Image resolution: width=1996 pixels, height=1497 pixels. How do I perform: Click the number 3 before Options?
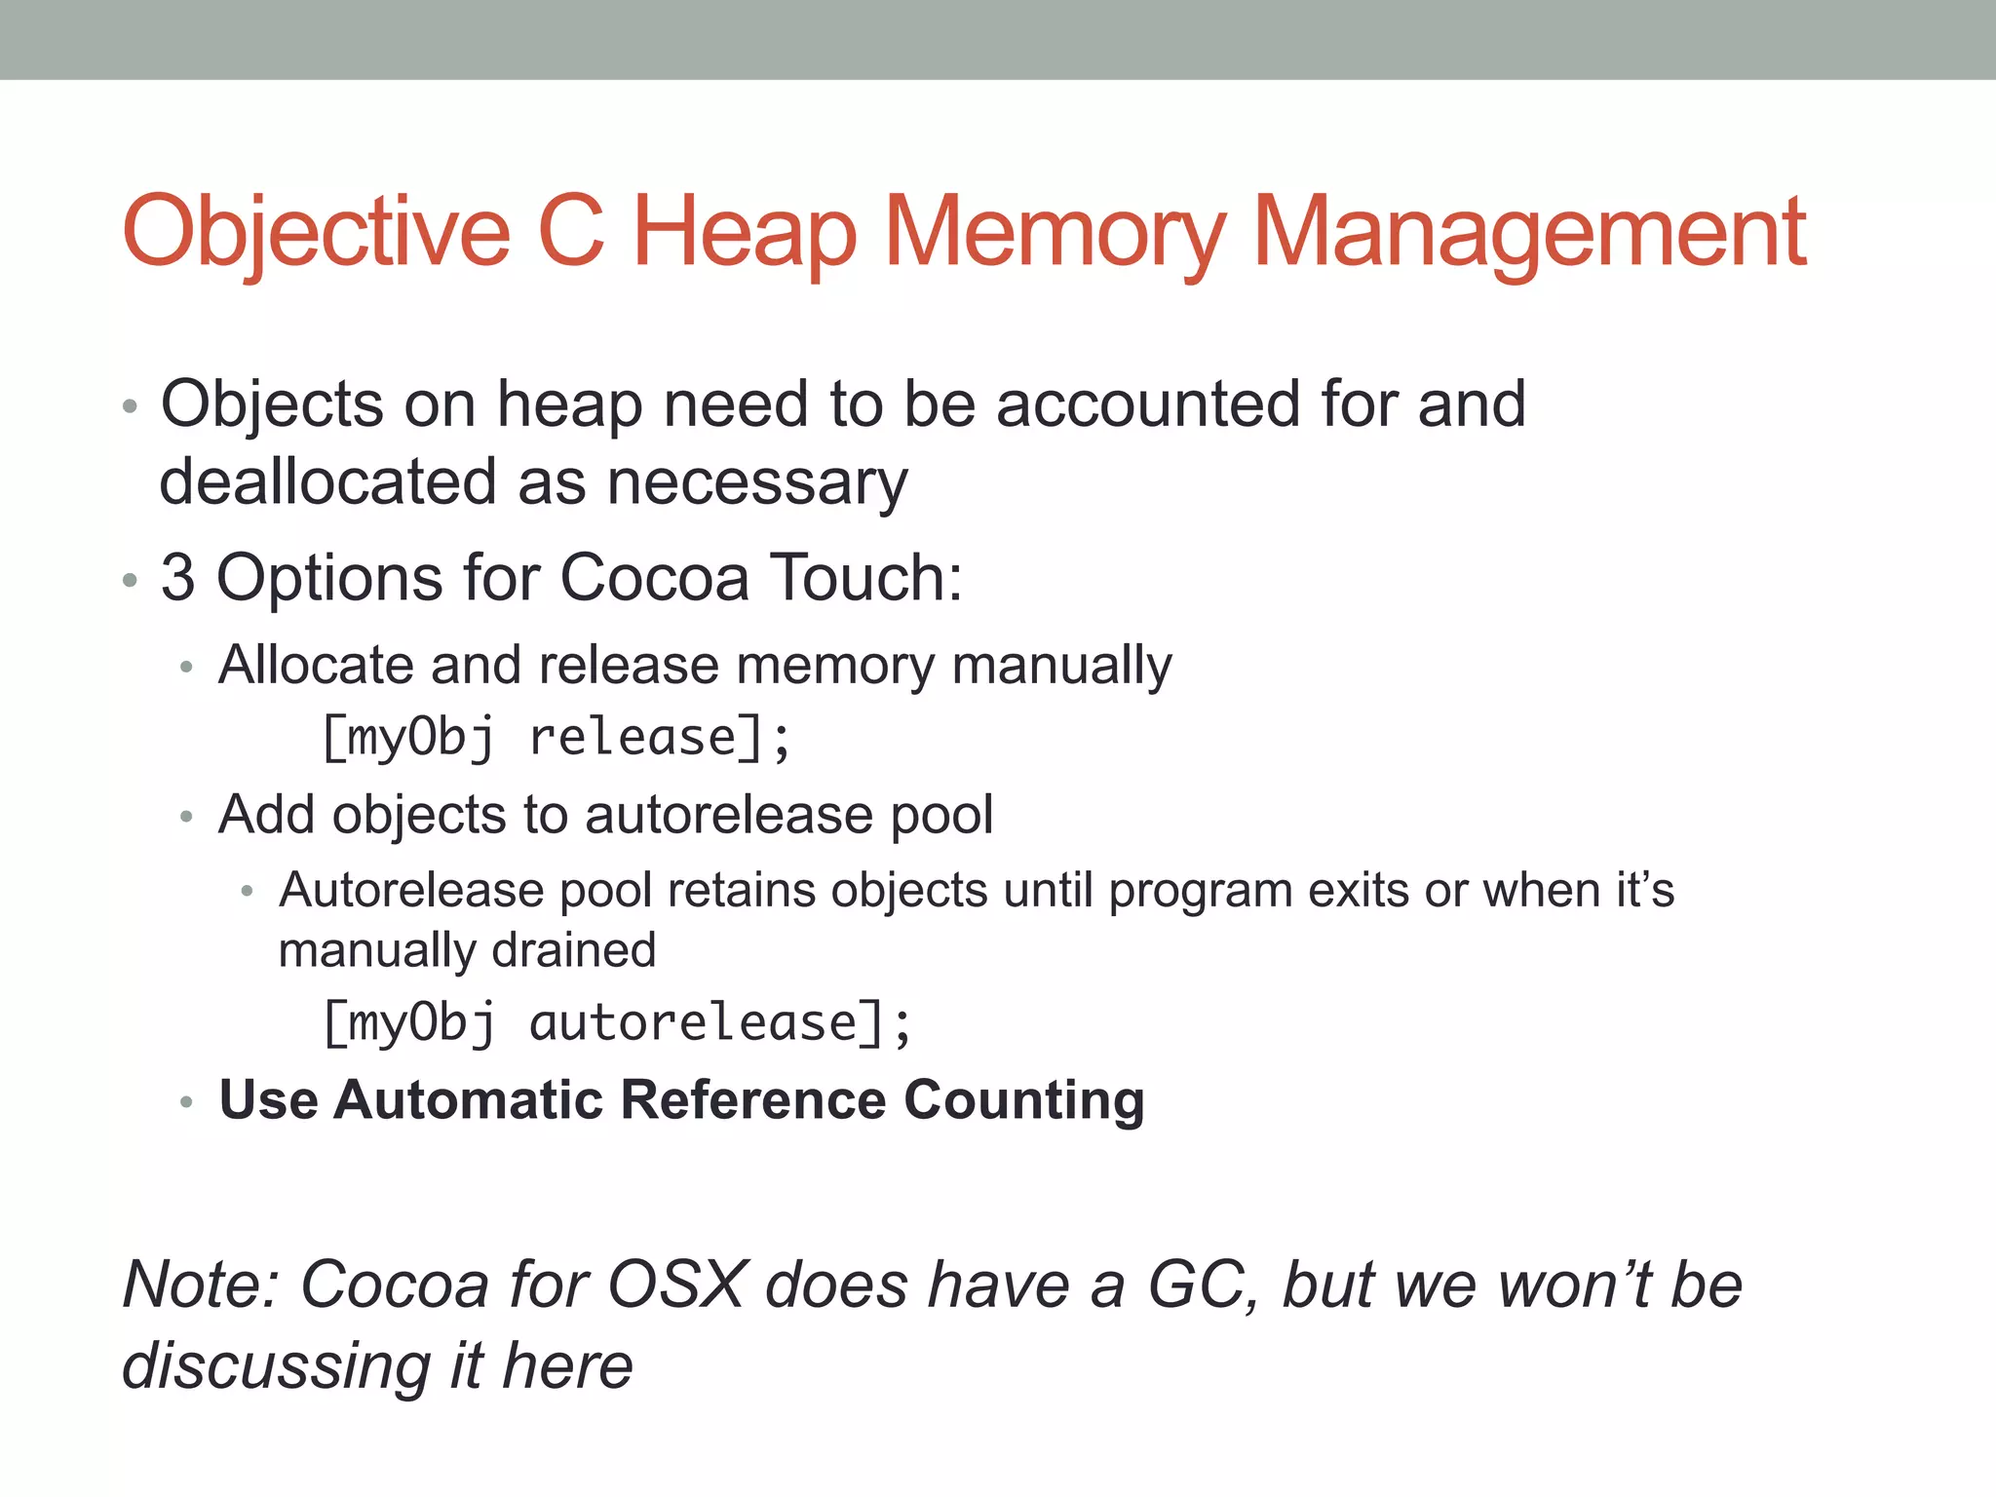(177, 577)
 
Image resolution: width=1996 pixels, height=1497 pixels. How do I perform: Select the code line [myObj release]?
(556, 738)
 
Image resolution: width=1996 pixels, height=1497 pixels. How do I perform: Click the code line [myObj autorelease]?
(617, 1023)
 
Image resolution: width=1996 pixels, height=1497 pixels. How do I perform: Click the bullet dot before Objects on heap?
(130, 406)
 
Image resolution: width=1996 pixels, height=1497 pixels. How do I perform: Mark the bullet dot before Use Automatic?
(187, 1103)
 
